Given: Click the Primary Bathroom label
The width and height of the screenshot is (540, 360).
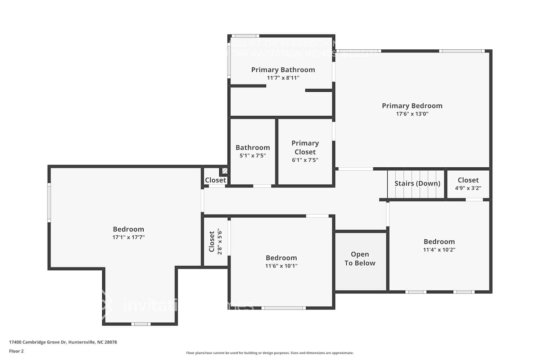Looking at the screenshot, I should (283, 70).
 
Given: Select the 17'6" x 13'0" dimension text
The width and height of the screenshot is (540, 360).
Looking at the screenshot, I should (412, 114).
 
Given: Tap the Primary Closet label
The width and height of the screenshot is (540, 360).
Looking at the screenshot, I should (305, 148).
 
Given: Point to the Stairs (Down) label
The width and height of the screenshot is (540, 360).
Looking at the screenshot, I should (417, 184).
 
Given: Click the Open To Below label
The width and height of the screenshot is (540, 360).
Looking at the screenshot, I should (360, 258).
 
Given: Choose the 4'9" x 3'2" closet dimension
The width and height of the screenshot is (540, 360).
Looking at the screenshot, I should (468, 188).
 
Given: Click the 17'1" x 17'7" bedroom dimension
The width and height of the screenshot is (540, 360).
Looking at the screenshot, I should (129, 238).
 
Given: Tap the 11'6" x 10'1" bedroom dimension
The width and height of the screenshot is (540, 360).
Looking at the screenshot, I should (281, 266).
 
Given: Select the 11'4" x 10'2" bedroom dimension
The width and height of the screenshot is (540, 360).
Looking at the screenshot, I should (439, 250).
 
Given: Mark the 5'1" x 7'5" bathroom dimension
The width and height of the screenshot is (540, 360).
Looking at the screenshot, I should (252, 156).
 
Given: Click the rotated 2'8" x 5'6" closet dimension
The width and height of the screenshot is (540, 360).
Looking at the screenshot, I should (220, 242).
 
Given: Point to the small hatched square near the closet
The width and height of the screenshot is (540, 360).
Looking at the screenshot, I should (225, 171).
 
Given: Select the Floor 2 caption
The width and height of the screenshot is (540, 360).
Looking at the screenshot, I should (16, 351).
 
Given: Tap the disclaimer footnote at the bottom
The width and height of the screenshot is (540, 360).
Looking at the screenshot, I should (270, 353).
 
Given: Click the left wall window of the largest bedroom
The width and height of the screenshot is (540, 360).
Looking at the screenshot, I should (49, 202).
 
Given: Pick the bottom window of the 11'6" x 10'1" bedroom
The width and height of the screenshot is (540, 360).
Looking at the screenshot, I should (283, 308).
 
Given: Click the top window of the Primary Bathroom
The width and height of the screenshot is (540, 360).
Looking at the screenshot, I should (245, 36).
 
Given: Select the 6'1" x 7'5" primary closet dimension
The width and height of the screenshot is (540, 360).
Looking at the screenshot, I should (305, 160).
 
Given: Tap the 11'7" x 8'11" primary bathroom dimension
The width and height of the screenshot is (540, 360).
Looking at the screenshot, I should (283, 78).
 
